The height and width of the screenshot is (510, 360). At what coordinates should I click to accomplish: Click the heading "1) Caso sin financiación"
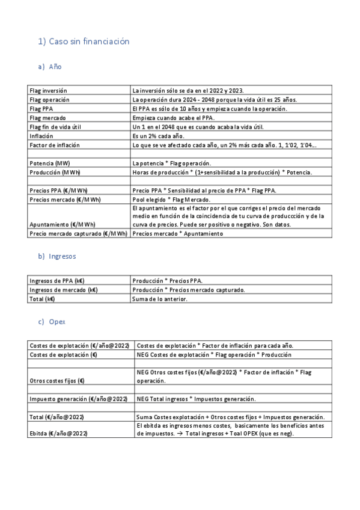point(84,41)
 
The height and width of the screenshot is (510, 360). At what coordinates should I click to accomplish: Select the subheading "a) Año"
point(49,67)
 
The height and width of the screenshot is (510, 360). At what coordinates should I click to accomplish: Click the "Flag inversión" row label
point(49,90)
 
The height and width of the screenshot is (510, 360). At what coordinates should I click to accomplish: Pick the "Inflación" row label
point(41,136)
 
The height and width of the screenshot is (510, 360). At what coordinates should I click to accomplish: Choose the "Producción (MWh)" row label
point(55,173)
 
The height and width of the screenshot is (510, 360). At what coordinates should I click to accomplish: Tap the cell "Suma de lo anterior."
point(160,299)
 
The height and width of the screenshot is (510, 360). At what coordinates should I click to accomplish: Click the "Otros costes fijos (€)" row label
point(57,381)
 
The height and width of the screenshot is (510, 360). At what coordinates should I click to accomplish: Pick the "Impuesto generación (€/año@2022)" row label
point(78,399)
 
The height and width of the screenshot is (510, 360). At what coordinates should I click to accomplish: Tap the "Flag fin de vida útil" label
point(56,127)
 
